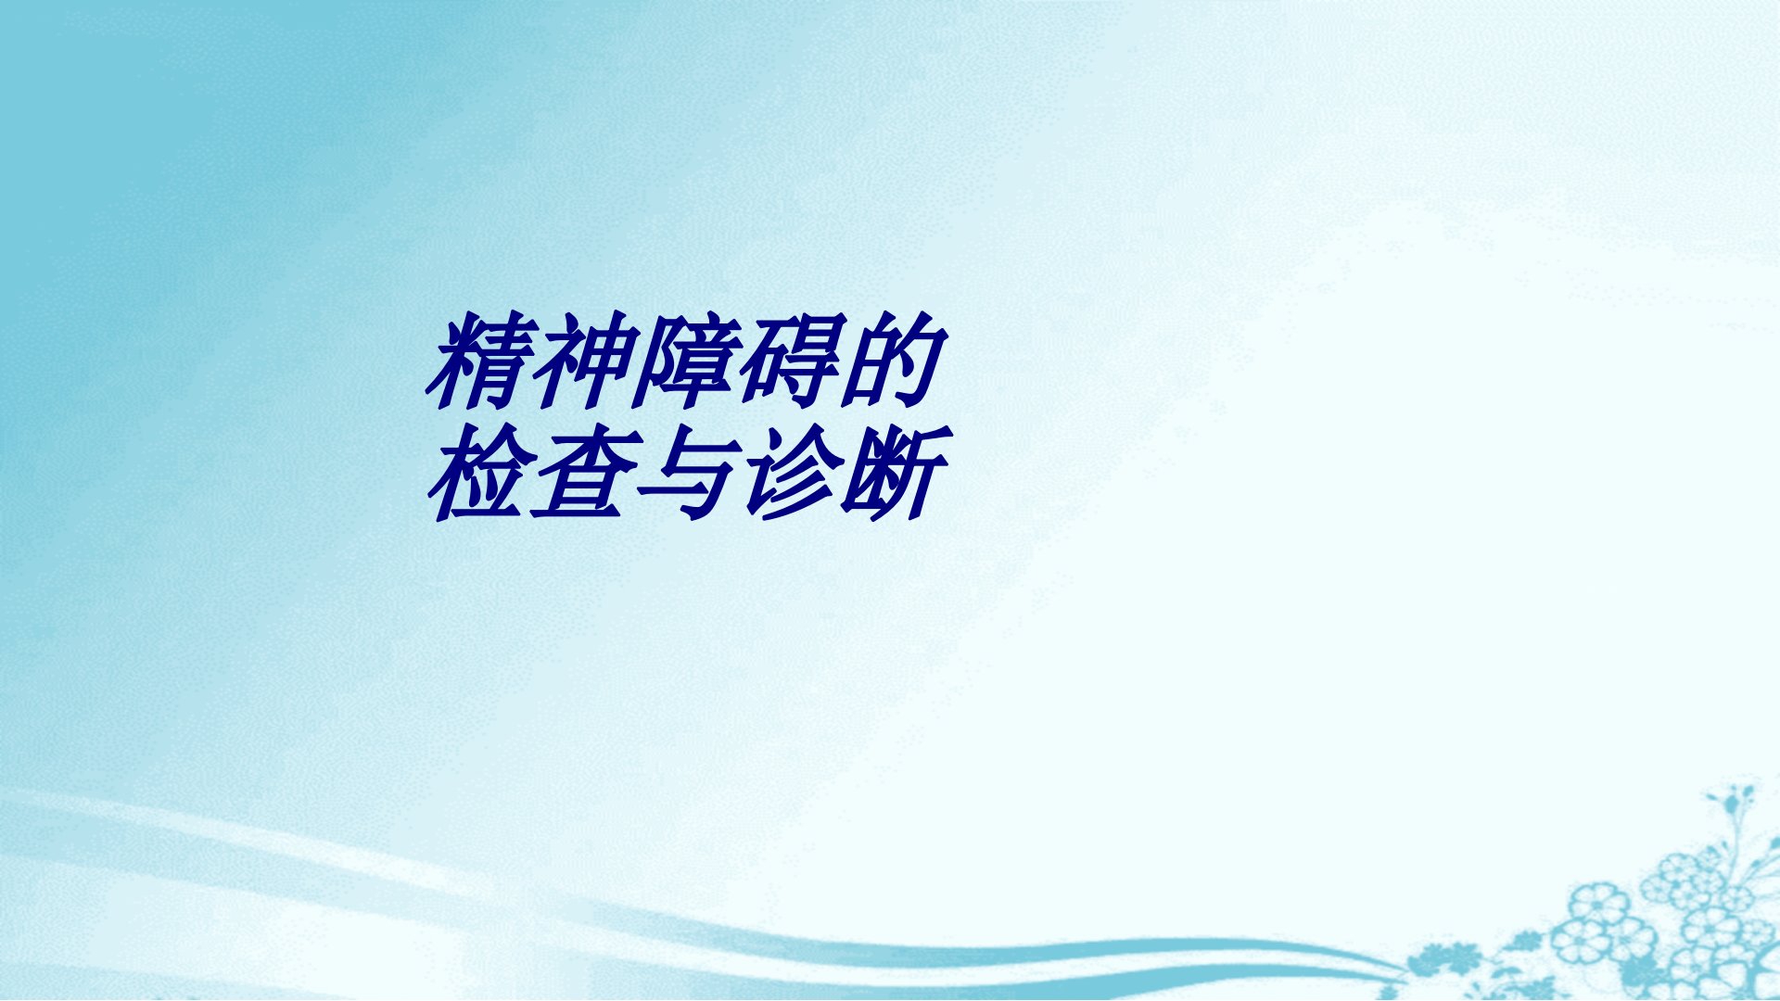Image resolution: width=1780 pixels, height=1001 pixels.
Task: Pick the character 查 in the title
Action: (x=582, y=473)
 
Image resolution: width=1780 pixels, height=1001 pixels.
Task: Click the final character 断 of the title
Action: (x=895, y=473)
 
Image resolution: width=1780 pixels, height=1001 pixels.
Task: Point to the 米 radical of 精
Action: (x=452, y=363)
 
